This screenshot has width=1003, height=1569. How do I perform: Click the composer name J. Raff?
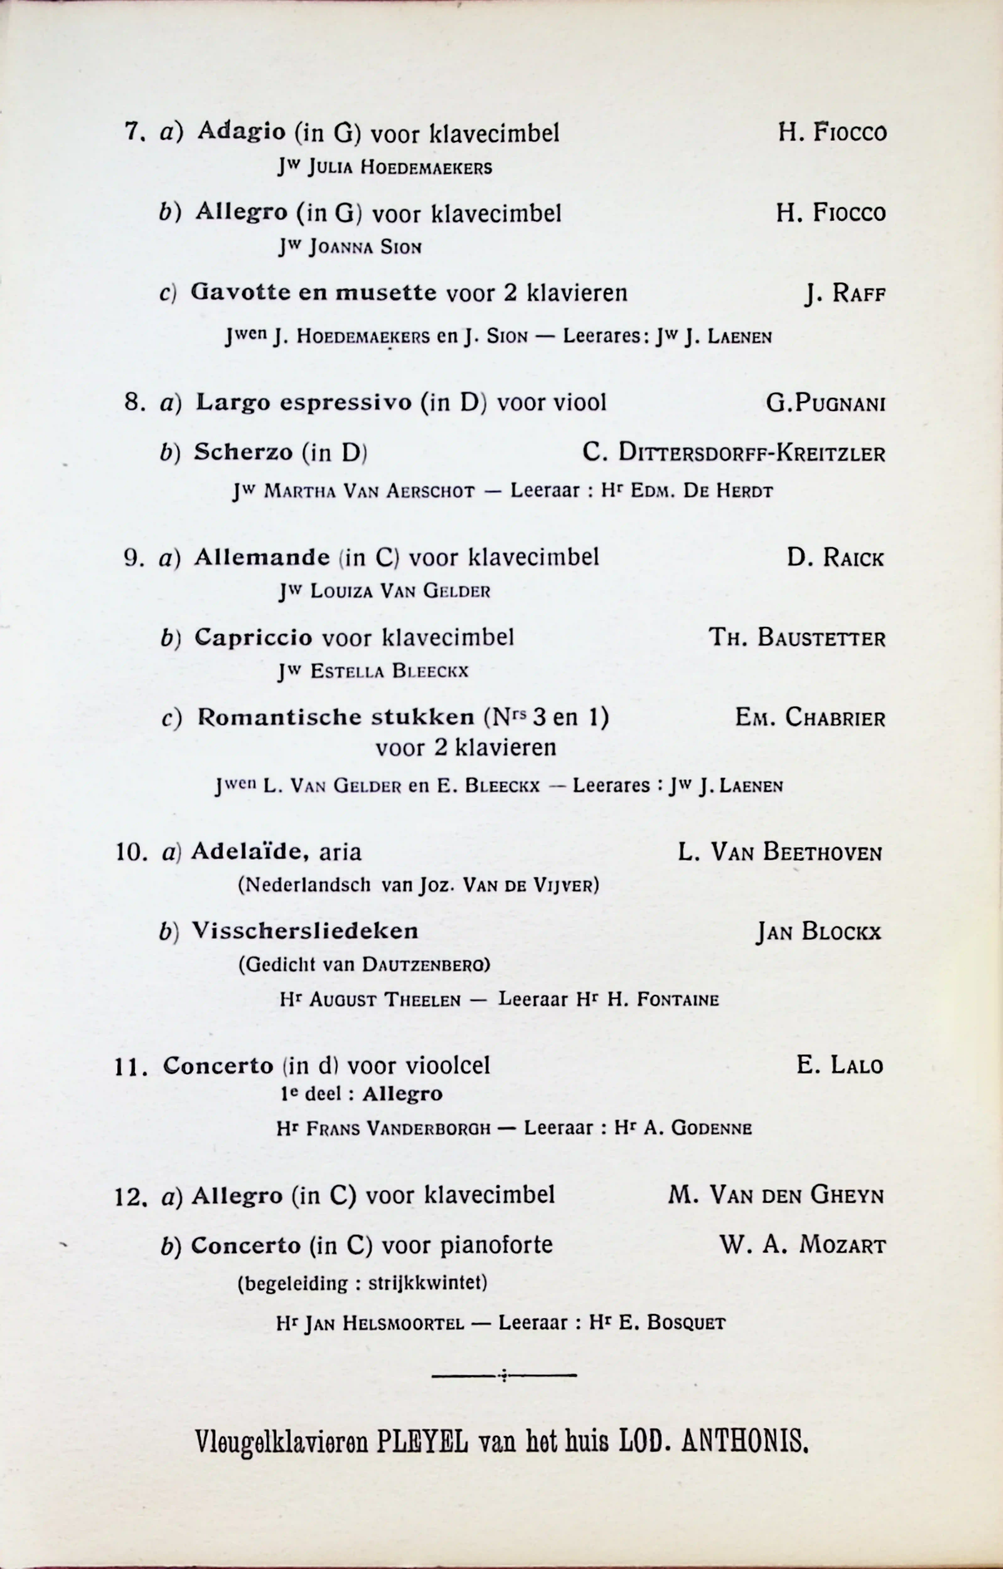(x=845, y=295)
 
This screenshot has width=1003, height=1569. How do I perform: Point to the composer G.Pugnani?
(x=825, y=403)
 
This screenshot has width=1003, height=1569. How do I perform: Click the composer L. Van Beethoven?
(x=779, y=852)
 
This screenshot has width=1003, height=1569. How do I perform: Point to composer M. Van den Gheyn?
(x=776, y=1196)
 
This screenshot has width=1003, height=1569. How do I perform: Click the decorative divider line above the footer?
(x=504, y=1376)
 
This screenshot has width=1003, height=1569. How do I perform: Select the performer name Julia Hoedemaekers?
(x=400, y=168)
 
